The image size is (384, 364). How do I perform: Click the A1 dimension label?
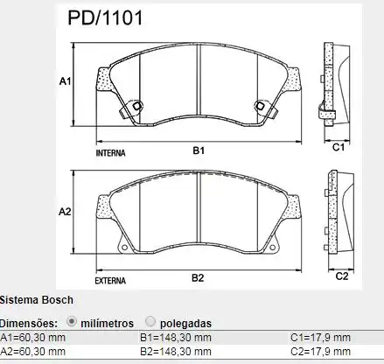click(65, 81)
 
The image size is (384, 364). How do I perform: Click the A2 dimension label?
click(65, 213)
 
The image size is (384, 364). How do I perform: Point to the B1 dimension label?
click(198, 150)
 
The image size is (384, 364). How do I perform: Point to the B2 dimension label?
click(198, 278)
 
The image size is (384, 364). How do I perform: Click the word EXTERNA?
click(110, 281)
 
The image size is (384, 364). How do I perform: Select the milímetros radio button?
click(72, 321)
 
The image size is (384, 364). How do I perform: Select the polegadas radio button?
click(151, 321)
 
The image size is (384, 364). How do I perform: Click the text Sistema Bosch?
click(31, 299)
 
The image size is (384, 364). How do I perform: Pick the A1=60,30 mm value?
click(32, 338)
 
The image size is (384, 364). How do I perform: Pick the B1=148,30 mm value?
click(176, 338)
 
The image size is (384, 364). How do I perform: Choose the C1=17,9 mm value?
click(320, 338)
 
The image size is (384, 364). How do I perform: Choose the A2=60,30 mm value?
click(32, 351)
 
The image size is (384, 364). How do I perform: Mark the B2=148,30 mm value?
click(176, 351)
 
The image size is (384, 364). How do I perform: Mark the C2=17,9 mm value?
click(320, 351)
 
